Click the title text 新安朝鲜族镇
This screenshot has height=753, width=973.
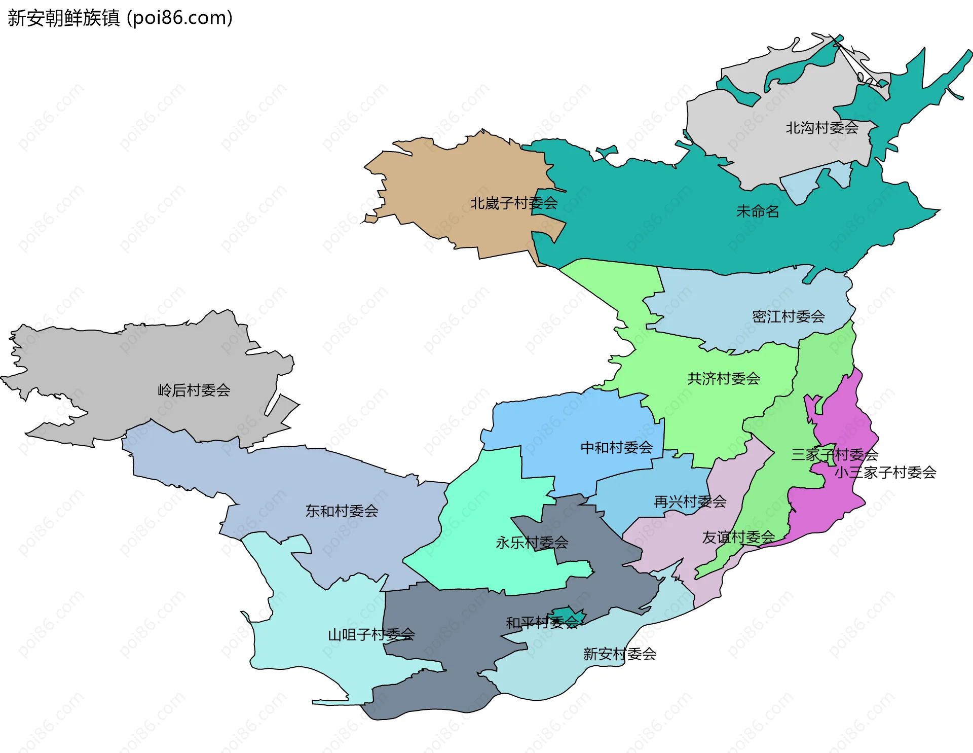point(64,18)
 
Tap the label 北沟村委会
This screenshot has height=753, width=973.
point(821,128)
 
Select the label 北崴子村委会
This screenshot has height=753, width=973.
point(513,203)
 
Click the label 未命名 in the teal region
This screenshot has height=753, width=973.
point(757,211)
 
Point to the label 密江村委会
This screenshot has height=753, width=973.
point(788,317)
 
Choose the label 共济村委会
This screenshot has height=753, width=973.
point(723,379)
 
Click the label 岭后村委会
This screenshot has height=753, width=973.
point(194,390)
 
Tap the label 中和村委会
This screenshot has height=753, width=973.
point(616,448)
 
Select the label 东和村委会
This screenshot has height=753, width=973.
point(342,511)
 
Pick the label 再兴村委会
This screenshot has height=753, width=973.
point(690,502)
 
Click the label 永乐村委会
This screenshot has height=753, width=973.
point(532,543)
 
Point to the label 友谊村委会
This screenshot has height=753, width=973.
point(738,537)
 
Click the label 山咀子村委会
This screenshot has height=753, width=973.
point(371,635)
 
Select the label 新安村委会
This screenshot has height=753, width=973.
point(619,654)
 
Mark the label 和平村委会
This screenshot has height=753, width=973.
point(542,623)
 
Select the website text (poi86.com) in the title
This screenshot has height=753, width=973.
point(179,18)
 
